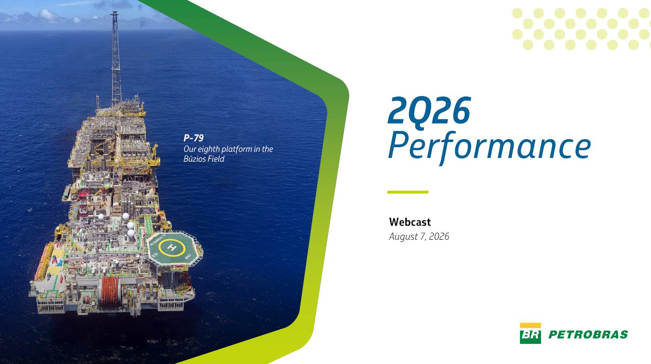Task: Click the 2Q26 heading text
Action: pos(429,110)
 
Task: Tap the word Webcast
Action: pos(410,222)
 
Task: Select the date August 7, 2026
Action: pos(419,237)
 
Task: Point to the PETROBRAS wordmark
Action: pos(588,335)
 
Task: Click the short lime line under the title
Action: pos(408,192)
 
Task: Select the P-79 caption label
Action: pos(194,138)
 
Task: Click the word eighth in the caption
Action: pos(209,149)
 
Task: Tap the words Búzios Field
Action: pos(204,158)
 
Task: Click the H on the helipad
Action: pos(172,248)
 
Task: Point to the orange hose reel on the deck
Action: pos(110,292)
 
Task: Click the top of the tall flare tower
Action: pos(114,12)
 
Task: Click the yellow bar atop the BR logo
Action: pos(530,325)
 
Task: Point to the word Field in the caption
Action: pos(216,158)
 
